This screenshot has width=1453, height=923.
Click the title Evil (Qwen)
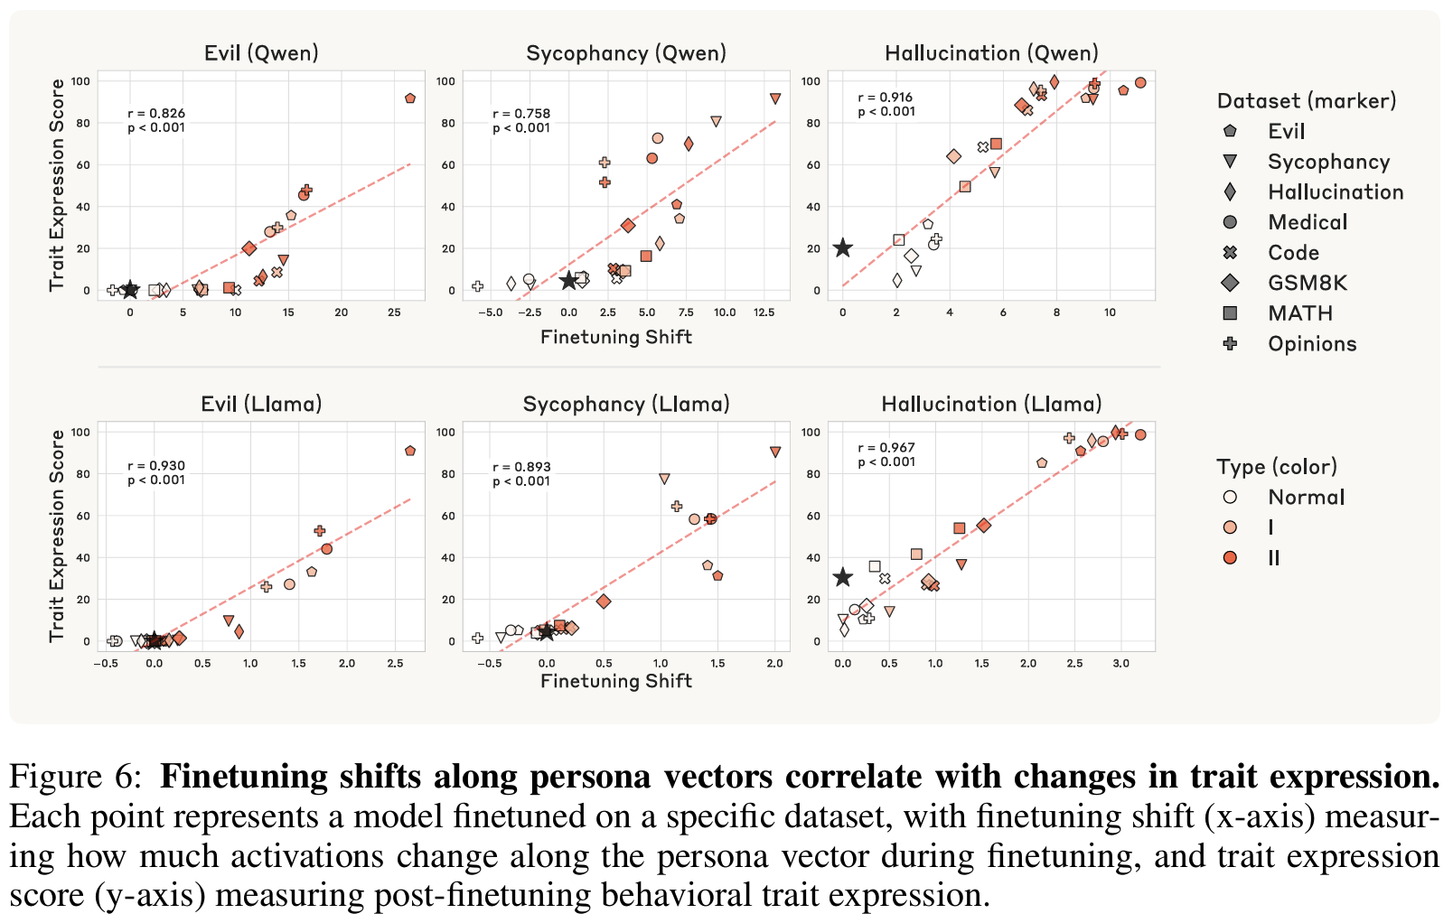(261, 53)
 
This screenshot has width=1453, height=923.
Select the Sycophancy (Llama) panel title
(626, 404)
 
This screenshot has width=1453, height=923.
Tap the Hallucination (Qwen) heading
(991, 53)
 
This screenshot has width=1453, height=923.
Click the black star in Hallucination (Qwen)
(842, 248)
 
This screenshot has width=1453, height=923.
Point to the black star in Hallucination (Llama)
(842, 577)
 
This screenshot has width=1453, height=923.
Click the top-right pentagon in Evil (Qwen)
(410, 98)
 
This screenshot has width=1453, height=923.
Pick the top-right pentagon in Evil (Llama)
(410, 451)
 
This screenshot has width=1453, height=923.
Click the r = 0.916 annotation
(886, 98)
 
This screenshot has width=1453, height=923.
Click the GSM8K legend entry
(1307, 283)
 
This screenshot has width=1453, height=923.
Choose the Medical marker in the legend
(1230, 222)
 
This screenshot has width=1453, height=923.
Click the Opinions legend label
(1312, 344)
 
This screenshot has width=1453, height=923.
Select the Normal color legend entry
(1306, 497)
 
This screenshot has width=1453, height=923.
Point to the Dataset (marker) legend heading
(1307, 100)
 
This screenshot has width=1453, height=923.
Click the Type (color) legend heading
(1277, 467)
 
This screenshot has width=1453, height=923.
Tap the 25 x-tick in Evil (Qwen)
(394, 312)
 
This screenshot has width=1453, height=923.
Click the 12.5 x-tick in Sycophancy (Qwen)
(764, 312)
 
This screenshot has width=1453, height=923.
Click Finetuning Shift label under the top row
(616, 337)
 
